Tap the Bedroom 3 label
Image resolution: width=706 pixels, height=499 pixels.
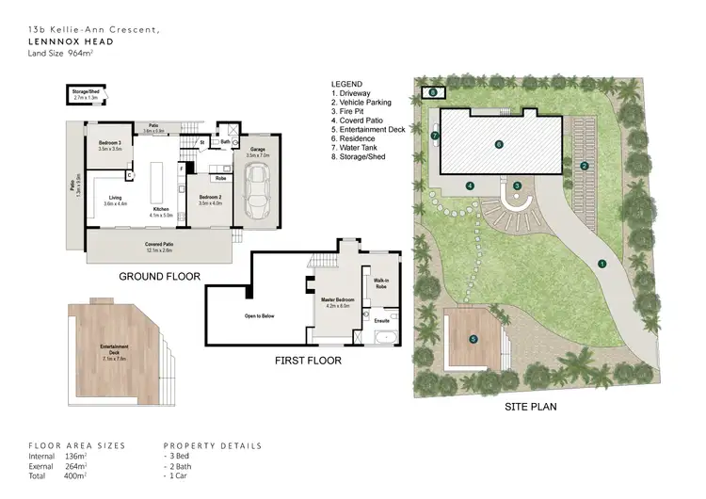click(111, 144)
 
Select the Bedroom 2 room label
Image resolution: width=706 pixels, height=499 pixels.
click(208, 199)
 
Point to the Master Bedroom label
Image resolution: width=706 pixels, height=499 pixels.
click(336, 302)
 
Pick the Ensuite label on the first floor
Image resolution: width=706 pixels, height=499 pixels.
click(382, 321)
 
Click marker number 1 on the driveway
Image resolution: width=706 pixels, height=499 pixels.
click(602, 264)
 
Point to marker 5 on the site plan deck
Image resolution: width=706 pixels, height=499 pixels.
click(473, 339)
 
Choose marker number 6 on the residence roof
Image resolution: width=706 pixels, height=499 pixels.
click(498, 144)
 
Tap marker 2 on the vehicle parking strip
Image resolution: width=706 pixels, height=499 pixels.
click(585, 167)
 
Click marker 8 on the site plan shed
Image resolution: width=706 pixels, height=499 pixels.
click(433, 93)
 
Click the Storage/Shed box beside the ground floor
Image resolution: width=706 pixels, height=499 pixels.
click(86, 95)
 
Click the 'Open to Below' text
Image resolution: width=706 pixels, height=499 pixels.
click(260, 315)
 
